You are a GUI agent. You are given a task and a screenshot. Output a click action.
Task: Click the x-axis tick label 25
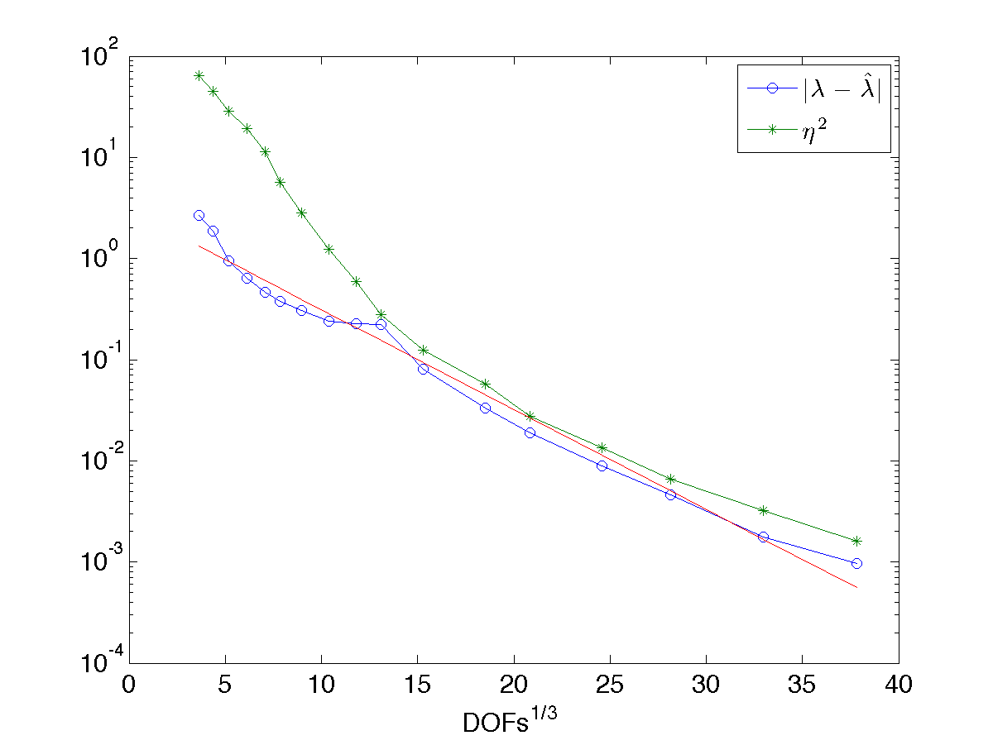[609, 685]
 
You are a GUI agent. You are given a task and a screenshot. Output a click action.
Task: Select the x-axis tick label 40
[899, 685]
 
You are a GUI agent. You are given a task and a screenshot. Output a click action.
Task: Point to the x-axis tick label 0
[129, 685]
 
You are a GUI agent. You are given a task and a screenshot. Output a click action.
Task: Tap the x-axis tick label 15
[417, 685]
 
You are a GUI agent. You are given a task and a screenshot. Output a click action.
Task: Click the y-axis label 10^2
[99, 53]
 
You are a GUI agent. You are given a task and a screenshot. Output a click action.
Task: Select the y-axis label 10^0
[99, 255]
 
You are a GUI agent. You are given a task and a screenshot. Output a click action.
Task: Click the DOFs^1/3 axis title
[510, 719]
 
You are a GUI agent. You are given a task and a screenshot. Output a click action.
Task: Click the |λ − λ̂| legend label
[842, 89]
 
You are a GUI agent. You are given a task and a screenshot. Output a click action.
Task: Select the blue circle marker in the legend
[772, 88]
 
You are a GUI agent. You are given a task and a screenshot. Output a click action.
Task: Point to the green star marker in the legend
[772, 130]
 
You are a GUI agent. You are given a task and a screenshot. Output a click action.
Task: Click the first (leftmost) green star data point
[199, 75]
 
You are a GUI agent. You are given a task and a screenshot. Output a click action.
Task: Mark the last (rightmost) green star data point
[856, 541]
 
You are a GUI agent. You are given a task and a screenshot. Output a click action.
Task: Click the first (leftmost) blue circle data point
[199, 215]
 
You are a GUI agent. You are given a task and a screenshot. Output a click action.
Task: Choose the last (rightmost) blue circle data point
[856, 563]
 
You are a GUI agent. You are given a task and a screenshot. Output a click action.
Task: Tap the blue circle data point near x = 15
[424, 369]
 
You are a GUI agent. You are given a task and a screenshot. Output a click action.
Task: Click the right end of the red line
[857, 588]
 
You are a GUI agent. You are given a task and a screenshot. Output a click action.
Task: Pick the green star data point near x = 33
[764, 511]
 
